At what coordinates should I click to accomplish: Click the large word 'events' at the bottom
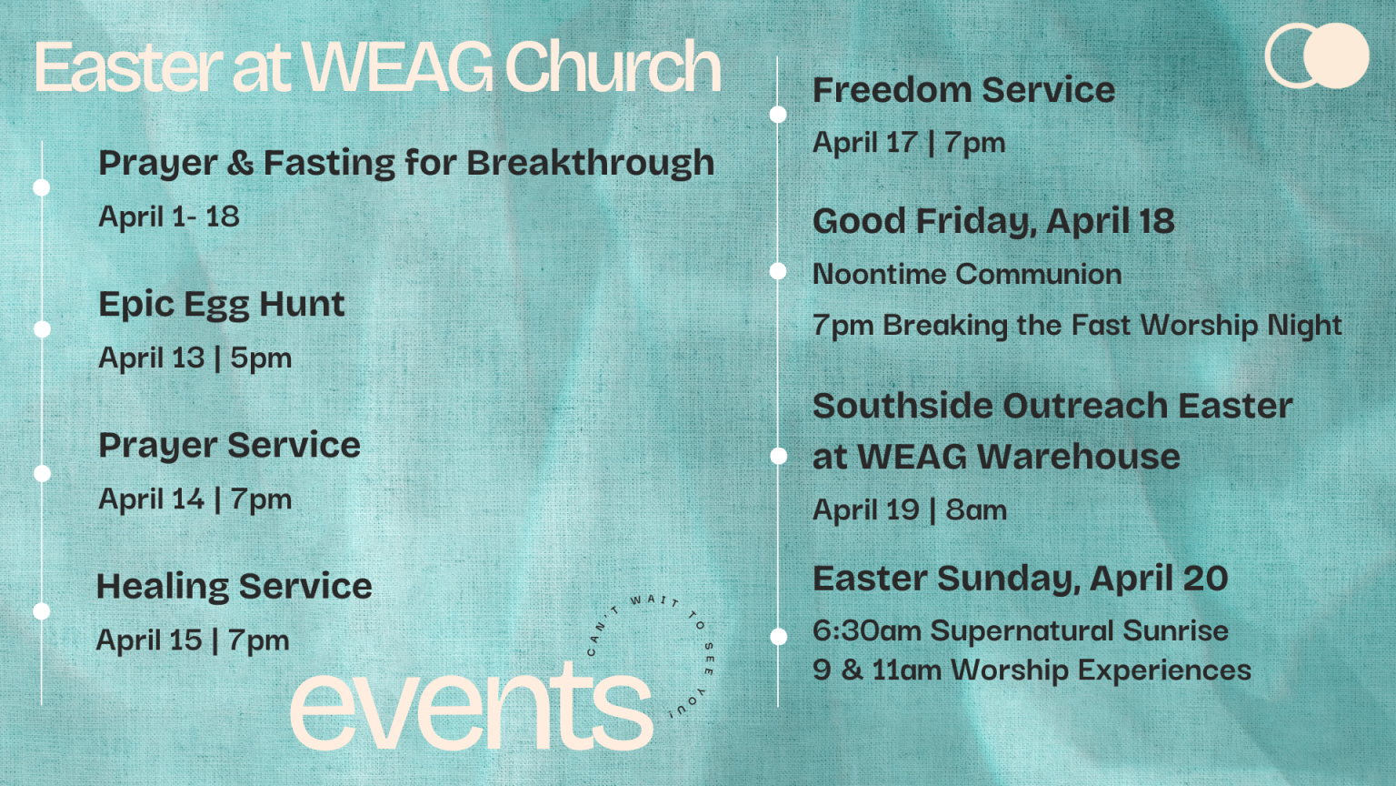tap(471, 707)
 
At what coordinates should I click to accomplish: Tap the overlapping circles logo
tap(1317, 55)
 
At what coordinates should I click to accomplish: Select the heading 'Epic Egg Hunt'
tap(221, 306)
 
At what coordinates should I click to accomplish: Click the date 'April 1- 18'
tap(169, 217)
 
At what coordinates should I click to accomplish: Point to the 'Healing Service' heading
tap(234, 587)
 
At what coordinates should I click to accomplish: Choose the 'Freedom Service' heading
tap(963, 90)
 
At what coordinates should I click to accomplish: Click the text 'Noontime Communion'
tap(967, 274)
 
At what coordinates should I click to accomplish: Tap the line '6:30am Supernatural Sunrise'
tap(1021, 630)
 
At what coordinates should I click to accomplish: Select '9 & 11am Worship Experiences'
tap(1032, 670)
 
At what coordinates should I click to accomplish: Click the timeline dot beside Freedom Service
tap(778, 114)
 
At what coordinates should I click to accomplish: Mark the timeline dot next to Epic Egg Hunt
tap(42, 328)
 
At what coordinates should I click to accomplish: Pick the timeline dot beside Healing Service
tap(42, 611)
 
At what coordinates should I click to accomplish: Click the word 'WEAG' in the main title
tap(397, 66)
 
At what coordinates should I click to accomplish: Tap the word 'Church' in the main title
tap(613, 65)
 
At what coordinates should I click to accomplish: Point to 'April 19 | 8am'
tap(910, 510)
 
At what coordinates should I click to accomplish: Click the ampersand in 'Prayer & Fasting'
tap(241, 162)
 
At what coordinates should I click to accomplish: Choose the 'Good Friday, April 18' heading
tap(993, 222)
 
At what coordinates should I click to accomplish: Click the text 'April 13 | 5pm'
tap(195, 358)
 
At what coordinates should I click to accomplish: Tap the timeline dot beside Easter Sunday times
tap(778, 636)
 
